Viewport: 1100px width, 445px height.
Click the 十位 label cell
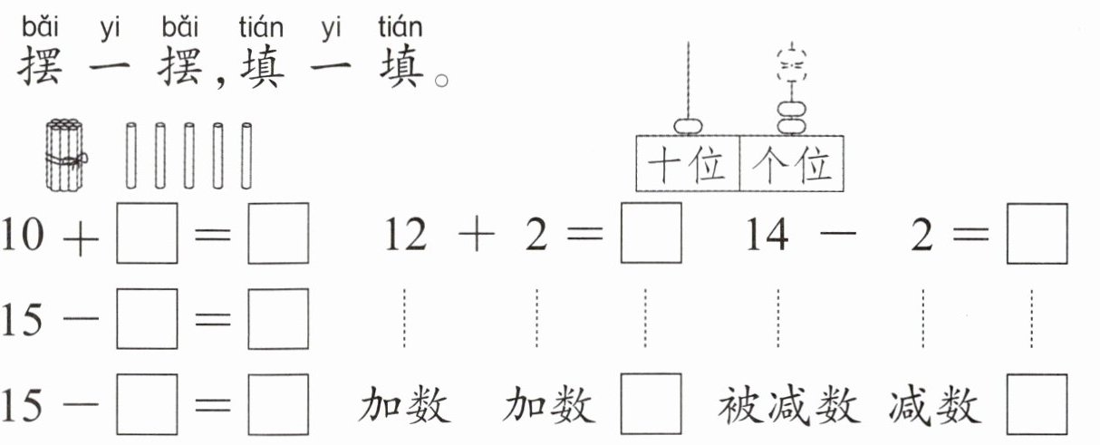pyautogui.click(x=688, y=165)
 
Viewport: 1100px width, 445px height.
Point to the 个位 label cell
pyautogui.click(x=792, y=165)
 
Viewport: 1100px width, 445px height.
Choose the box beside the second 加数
pyautogui.click(x=651, y=405)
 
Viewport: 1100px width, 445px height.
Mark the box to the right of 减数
pyautogui.click(x=1037, y=405)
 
